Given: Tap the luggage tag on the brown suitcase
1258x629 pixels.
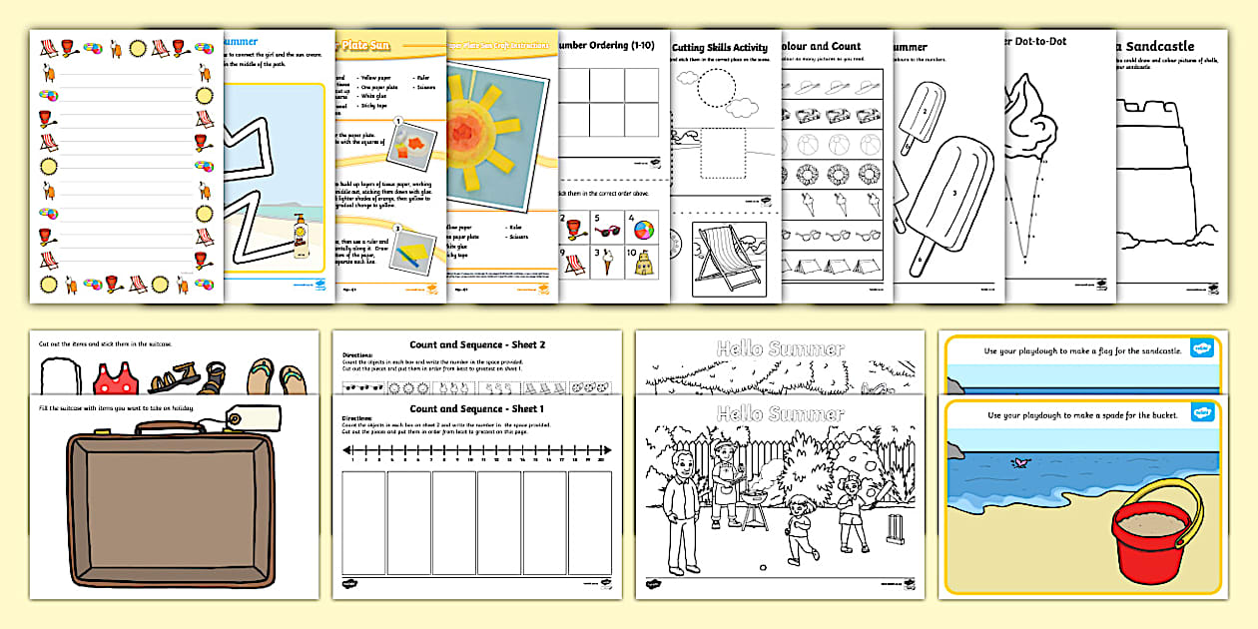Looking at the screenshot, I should click(239, 418).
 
